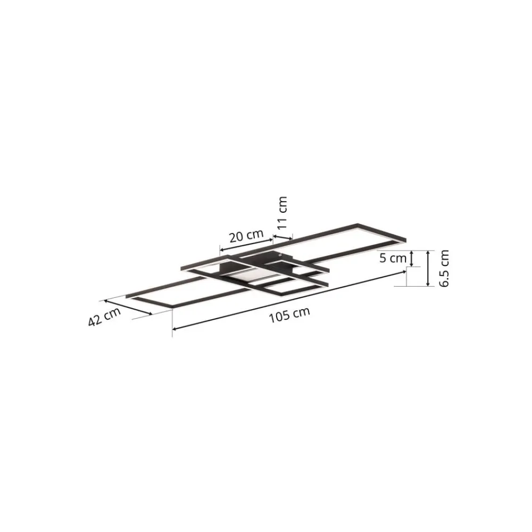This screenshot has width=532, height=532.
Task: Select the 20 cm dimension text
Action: (246, 236)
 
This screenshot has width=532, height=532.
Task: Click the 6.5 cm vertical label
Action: (444, 269)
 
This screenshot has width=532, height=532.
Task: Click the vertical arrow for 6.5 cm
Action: (428, 269)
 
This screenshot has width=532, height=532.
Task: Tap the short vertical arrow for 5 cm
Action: (412, 259)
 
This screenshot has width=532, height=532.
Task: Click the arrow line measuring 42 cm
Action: (129, 306)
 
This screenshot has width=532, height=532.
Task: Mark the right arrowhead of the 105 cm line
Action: (403, 273)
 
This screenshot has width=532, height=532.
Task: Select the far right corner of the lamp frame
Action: (406, 238)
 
